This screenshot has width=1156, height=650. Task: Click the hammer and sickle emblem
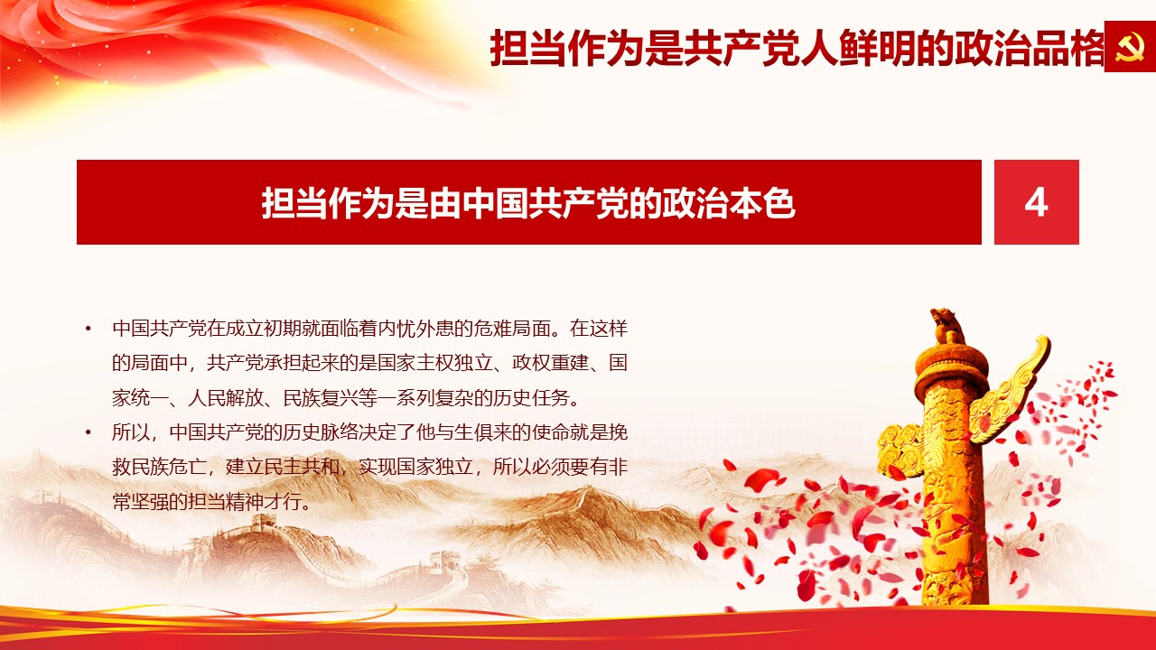(x=1130, y=46)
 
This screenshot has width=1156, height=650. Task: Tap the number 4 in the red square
(x=1036, y=203)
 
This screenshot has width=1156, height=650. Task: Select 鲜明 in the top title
(x=877, y=48)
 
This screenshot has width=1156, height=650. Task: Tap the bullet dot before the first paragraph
(x=89, y=329)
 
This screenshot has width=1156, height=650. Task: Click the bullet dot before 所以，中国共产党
(x=89, y=432)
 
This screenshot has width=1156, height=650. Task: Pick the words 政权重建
(x=550, y=363)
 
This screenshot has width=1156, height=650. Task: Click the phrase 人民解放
(x=226, y=398)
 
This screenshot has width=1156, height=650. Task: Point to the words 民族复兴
(x=321, y=398)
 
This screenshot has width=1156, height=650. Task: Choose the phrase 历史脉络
(x=321, y=432)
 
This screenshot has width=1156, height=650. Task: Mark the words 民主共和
(x=302, y=467)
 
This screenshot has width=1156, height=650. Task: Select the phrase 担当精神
(x=226, y=501)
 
